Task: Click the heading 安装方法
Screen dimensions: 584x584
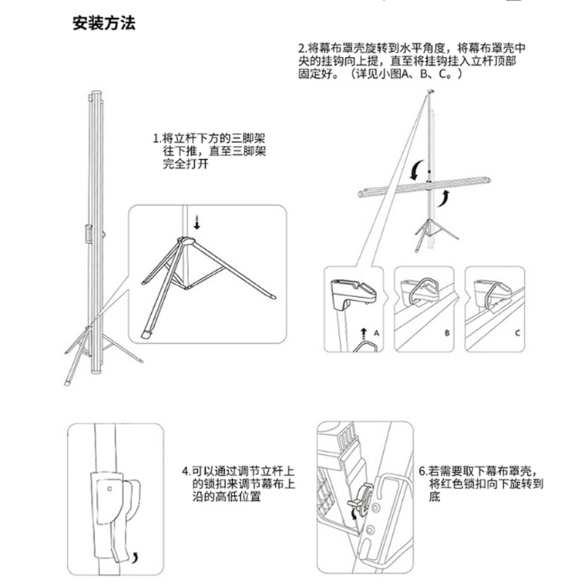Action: click(x=104, y=23)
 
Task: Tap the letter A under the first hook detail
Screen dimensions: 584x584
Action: click(x=376, y=333)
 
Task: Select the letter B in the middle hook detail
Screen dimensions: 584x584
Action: click(x=447, y=333)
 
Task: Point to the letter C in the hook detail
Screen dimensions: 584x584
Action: click(x=518, y=333)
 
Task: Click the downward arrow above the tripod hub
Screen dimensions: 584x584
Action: click(x=197, y=223)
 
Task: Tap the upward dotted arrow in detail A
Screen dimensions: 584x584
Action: click(x=364, y=334)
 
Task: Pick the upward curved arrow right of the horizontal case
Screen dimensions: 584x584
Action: click(x=443, y=198)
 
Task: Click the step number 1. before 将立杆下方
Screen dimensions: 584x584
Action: click(x=157, y=139)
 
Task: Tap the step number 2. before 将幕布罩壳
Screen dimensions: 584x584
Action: click(x=302, y=48)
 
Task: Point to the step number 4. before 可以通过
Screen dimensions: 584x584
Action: click(x=186, y=472)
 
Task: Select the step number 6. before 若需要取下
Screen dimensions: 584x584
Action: click(x=423, y=472)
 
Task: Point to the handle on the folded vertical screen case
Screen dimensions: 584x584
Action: click(x=88, y=234)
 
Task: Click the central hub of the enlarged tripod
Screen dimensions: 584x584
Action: click(x=185, y=241)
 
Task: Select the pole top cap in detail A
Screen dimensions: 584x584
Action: click(x=353, y=293)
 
